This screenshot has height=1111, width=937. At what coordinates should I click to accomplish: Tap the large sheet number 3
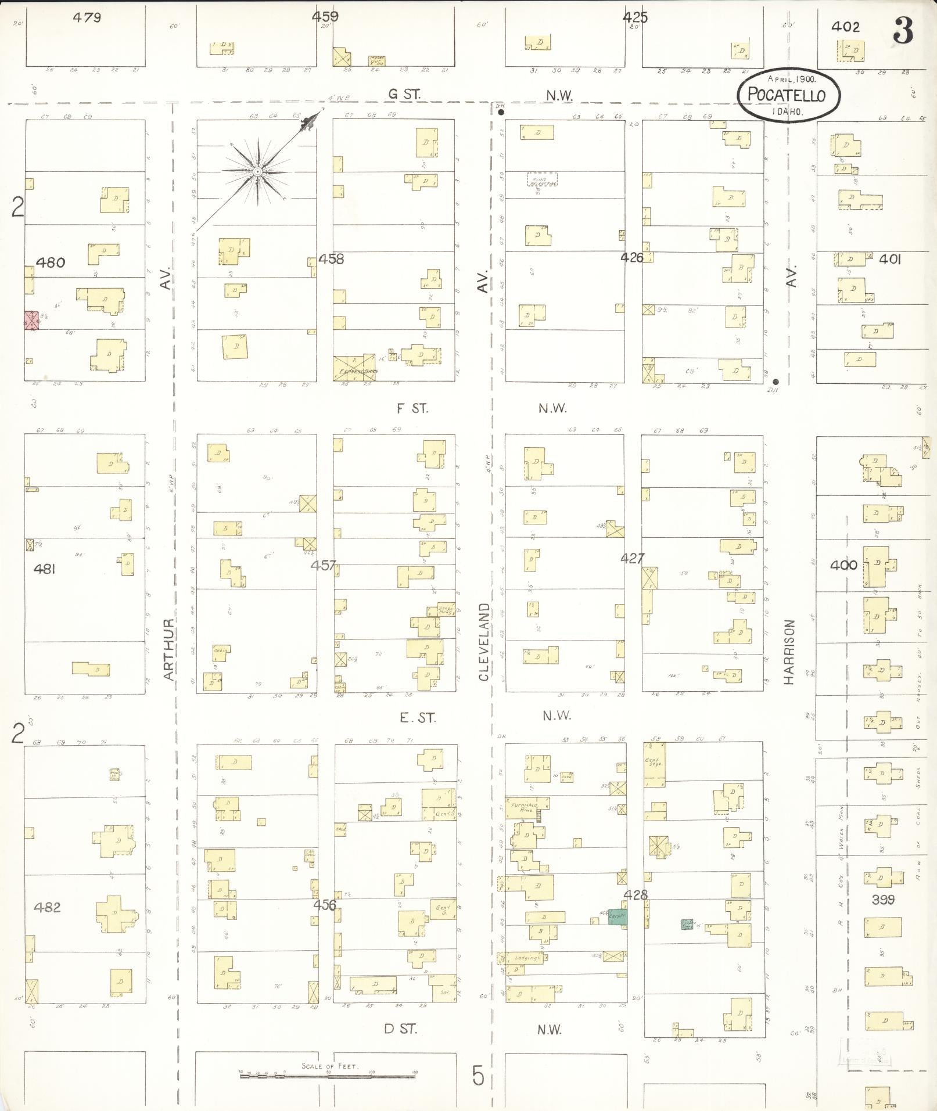903,30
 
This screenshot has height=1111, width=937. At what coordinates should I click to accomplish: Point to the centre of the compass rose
256,172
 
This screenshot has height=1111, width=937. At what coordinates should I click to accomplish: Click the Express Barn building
354,368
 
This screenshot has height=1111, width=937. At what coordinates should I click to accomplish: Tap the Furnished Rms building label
525,808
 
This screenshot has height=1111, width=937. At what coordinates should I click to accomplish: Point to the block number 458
331,259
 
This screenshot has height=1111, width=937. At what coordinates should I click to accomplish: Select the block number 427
632,559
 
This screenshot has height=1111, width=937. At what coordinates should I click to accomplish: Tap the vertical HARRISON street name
789,652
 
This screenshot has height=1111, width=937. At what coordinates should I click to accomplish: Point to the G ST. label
405,94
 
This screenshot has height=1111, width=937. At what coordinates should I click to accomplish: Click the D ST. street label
400,1029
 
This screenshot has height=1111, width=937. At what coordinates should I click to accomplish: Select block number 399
883,900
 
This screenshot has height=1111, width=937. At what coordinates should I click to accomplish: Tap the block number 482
47,907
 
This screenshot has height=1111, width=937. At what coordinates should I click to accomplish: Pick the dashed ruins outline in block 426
542,179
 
